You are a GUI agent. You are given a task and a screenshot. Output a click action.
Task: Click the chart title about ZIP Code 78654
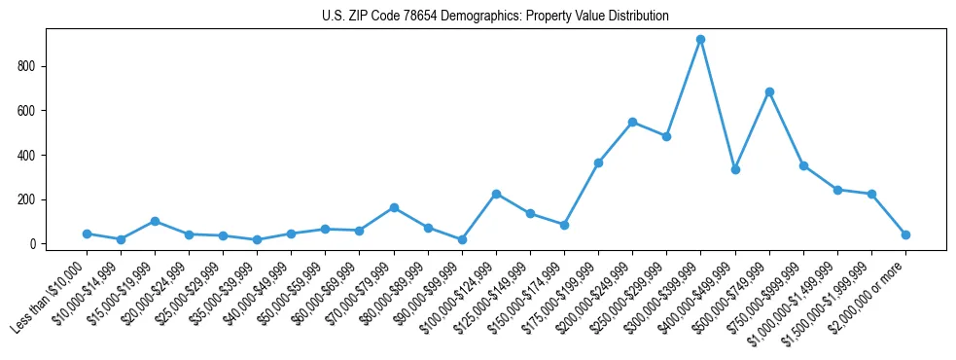tap(495, 17)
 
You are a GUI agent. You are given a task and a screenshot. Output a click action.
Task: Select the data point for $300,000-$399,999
tap(700, 40)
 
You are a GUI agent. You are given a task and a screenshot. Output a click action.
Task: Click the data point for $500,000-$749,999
tap(769, 91)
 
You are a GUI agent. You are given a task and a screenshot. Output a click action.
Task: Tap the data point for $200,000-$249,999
tap(632, 123)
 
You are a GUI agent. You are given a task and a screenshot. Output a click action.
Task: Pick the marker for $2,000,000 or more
tap(905, 234)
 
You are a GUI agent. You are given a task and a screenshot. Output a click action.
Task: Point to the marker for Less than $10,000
tap(87, 234)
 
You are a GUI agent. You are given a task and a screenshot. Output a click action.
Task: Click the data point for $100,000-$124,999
tap(496, 194)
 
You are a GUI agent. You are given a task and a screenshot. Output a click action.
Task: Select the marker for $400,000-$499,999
tap(735, 169)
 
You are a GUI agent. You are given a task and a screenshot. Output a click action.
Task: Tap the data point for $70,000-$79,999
tap(394, 207)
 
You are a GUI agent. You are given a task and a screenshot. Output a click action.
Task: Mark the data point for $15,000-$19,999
tap(155, 221)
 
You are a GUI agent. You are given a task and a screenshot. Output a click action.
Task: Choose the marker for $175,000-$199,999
tap(598, 162)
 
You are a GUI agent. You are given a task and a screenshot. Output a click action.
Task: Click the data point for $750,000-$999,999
tap(803, 165)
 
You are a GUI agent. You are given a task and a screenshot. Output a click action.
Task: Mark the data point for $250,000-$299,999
tap(666, 136)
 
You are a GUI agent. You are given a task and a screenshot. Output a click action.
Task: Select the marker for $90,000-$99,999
tap(462, 239)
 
